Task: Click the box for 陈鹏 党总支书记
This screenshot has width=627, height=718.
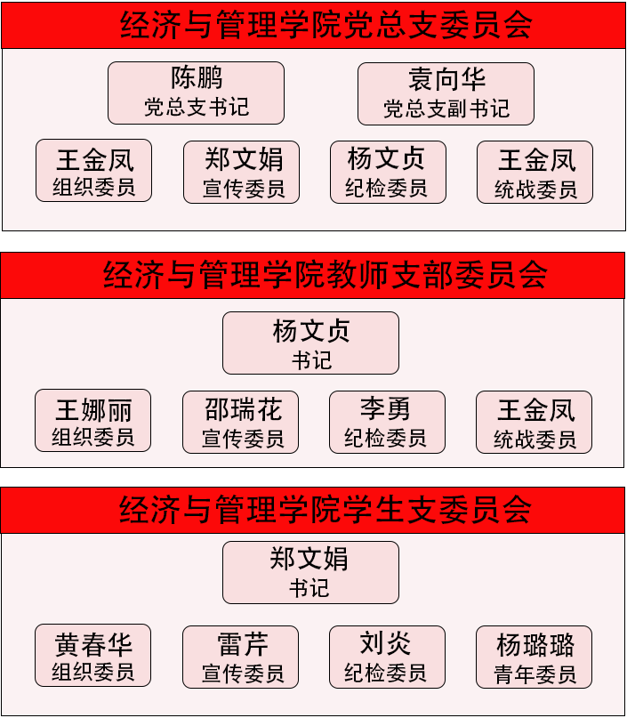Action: click(196, 93)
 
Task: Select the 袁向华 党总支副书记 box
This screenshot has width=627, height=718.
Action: click(446, 93)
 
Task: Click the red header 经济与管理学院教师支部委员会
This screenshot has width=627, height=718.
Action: click(313, 276)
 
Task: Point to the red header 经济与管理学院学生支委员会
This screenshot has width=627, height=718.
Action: click(313, 510)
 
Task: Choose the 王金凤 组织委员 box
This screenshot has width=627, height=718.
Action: click(93, 171)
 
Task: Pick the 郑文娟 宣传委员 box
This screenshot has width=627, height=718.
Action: click(241, 172)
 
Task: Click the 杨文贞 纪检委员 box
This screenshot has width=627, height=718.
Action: click(387, 172)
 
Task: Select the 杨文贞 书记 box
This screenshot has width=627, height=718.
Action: click(310, 343)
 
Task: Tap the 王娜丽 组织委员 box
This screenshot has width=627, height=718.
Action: click(92, 421)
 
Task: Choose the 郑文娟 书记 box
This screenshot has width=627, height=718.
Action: click(310, 572)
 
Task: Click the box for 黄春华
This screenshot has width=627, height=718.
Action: click(92, 656)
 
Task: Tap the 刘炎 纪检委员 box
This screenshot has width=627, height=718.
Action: click(387, 657)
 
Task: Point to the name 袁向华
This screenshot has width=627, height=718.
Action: click(446, 79)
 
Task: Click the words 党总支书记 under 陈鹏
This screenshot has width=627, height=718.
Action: click(197, 108)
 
